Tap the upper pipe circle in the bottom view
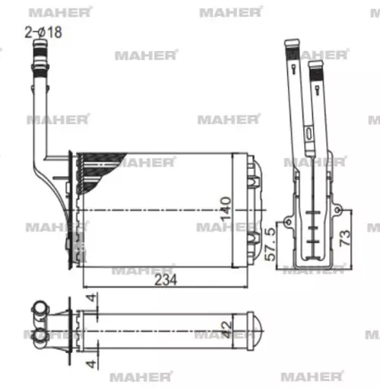36,310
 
